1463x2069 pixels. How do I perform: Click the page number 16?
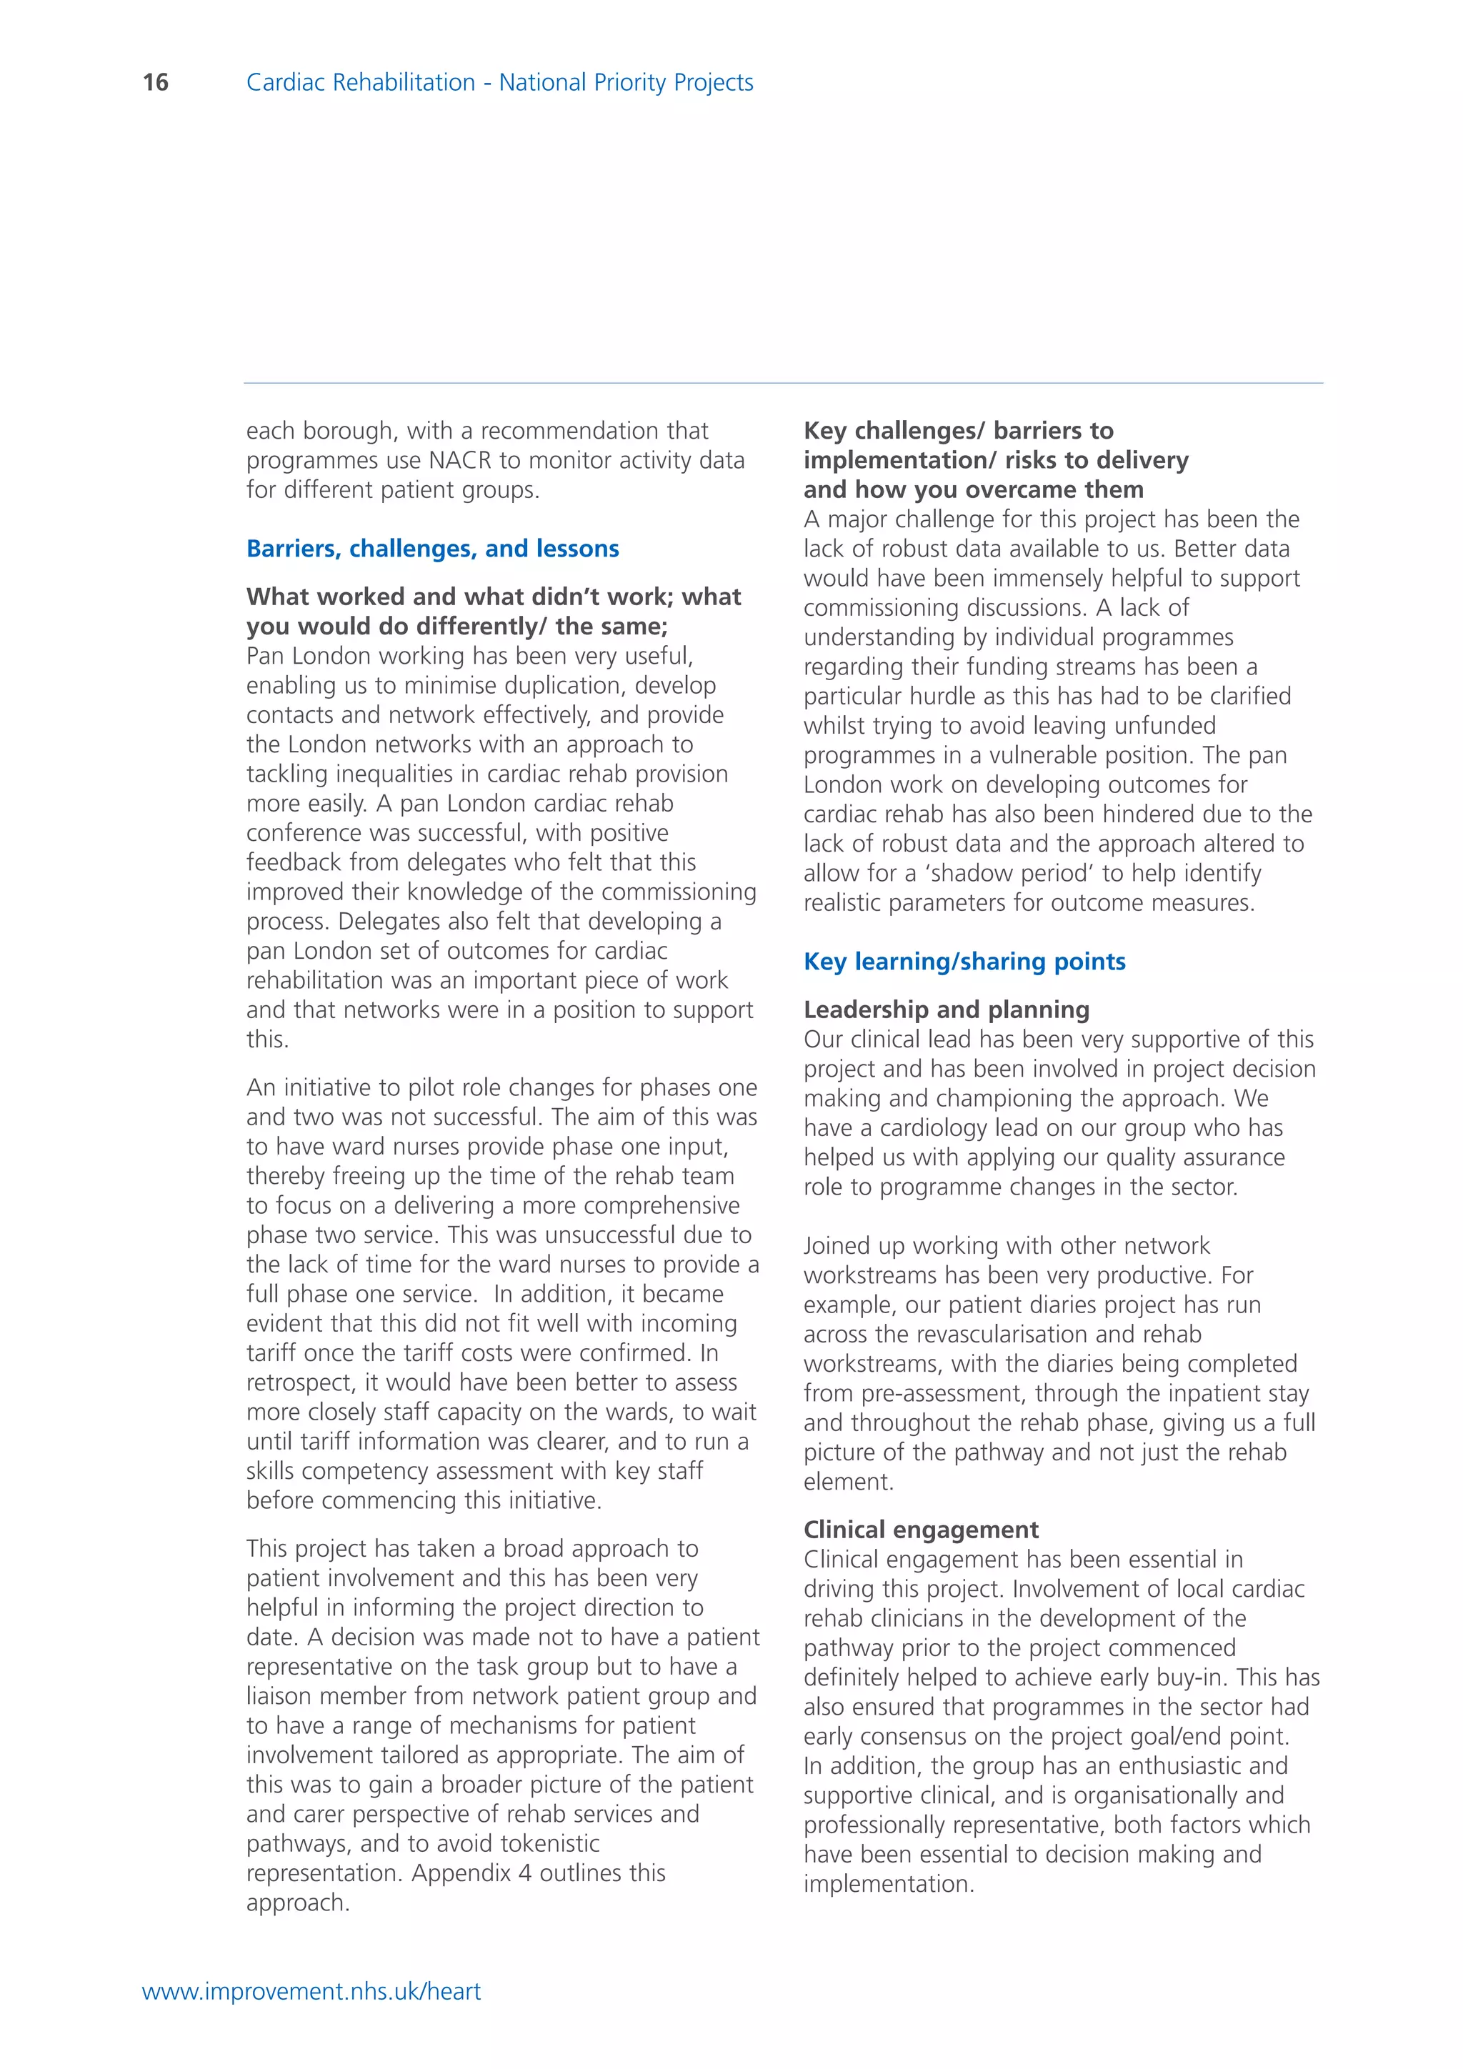pyautogui.click(x=156, y=83)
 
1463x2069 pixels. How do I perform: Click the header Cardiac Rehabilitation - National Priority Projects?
pyautogui.click(x=499, y=83)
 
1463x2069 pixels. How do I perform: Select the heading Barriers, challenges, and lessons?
pyautogui.click(x=432, y=549)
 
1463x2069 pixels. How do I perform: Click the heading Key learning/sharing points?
pyautogui.click(x=964, y=962)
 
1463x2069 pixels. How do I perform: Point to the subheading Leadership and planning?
pyautogui.click(x=946, y=1009)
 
